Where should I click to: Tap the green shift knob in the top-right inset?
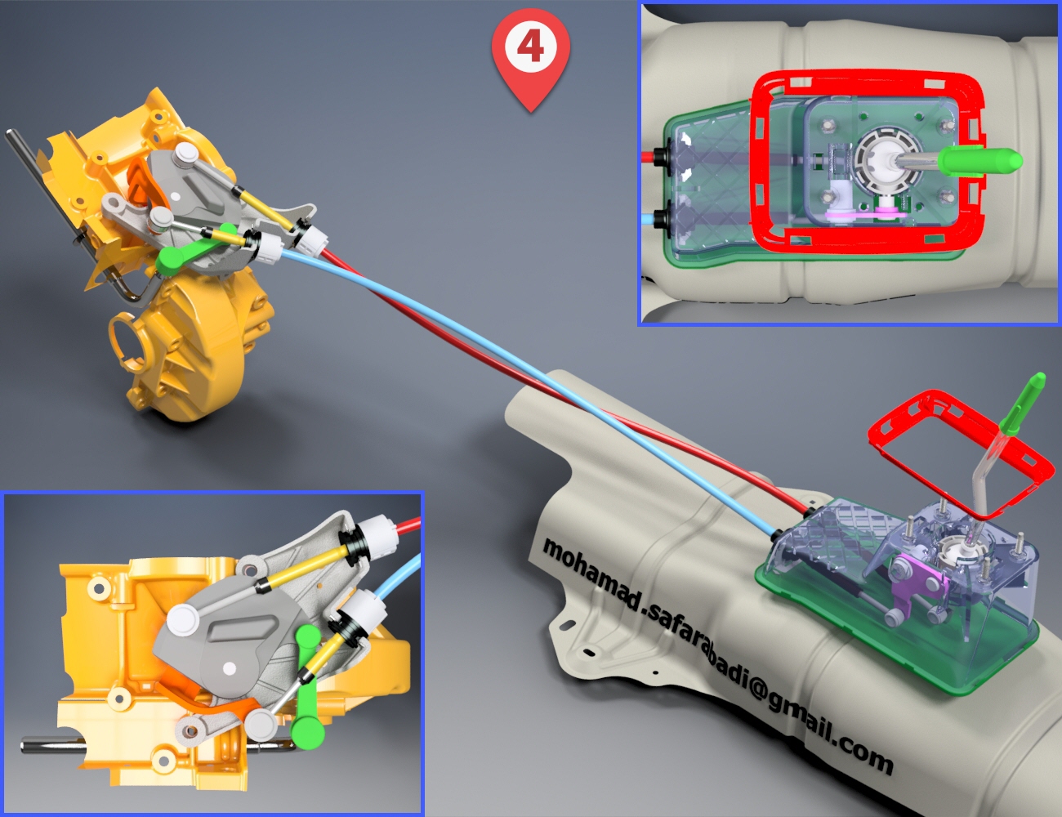(x=979, y=161)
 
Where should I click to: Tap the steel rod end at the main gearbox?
(x=10, y=134)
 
